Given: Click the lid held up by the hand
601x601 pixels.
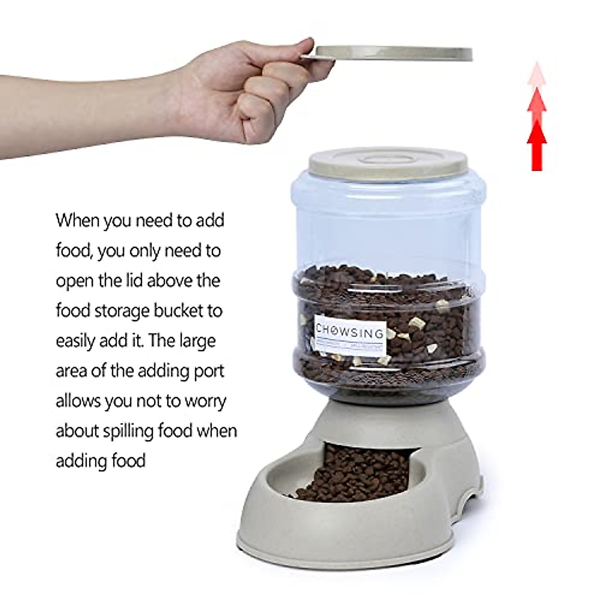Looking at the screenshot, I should click(x=396, y=53).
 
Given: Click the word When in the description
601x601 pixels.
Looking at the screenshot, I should click(x=78, y=220).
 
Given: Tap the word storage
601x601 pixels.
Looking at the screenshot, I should click(x=113, y=311).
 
